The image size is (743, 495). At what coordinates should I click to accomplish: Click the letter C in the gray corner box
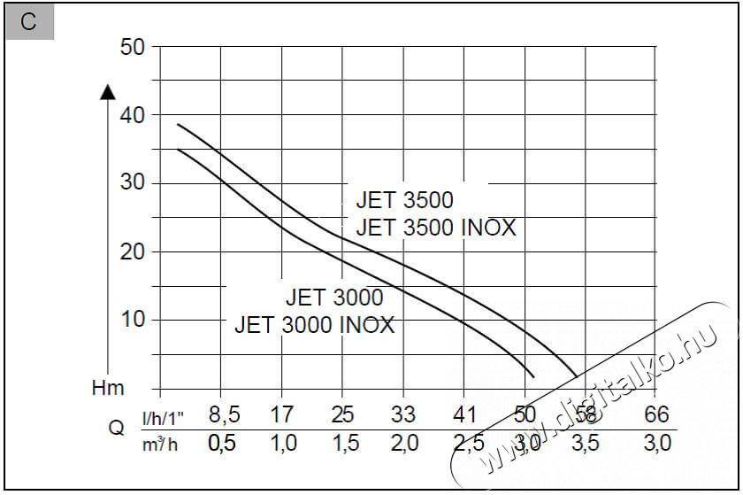[28, 22]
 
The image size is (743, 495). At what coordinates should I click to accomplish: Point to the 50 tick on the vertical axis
[132, 48]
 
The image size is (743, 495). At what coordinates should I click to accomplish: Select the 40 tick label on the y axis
[132, 115]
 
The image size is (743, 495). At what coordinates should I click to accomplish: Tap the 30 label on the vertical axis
[132, 183]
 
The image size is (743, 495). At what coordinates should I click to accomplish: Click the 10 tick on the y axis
[132, 320]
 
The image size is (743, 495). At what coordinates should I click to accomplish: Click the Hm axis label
[108, 388]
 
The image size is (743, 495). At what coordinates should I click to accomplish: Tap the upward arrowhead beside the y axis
[108, 90]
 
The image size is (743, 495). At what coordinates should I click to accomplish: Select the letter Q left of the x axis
[116, 429]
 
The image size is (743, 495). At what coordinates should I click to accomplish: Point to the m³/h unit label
[160, 444]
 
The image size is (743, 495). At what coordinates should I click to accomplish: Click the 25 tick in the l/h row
[342, 414]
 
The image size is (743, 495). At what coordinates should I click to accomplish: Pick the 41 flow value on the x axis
[464, 414]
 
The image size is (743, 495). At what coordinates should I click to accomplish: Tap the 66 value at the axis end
[655, 414]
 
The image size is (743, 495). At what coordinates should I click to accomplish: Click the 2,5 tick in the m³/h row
[464, 444]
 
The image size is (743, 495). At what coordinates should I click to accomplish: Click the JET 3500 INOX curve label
[435, 228]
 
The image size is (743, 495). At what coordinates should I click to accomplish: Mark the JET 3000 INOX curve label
[314, 325]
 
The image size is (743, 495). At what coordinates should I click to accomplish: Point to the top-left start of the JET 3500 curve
[179, 125]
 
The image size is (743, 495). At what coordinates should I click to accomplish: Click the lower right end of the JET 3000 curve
[533, 375]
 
